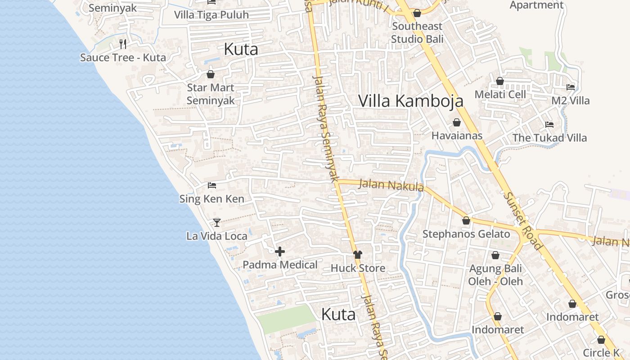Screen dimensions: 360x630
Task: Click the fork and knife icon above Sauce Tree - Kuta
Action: pos(123,44)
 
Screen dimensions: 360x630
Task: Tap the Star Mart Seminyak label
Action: pos(211,94)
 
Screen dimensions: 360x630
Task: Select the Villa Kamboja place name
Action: pos(410,101)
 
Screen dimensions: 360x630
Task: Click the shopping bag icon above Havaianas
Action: pos(457,122)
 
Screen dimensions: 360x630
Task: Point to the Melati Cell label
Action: pos(500,94)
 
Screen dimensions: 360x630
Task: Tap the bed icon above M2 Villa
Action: pos(571,87)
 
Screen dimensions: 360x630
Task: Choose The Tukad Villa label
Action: pos(549,138)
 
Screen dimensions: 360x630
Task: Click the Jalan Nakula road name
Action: pos(391,185)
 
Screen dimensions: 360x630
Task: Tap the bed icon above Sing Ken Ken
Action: pos(212,185)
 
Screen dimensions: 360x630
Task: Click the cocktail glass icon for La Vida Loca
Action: pos(217,222)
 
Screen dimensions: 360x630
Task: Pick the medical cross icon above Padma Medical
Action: pos(280,252)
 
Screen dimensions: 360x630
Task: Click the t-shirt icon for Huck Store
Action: pos(358,255)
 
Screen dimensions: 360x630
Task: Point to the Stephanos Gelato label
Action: pos(466,234)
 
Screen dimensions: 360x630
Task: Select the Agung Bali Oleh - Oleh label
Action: pos(495,275)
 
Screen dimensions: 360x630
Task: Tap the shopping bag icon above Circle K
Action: pos(601,340)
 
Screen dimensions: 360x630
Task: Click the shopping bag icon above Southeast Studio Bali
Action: pos(417,13)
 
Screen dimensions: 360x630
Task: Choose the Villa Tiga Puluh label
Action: pos(211,15)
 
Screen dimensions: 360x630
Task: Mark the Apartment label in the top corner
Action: pos(536,5)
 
